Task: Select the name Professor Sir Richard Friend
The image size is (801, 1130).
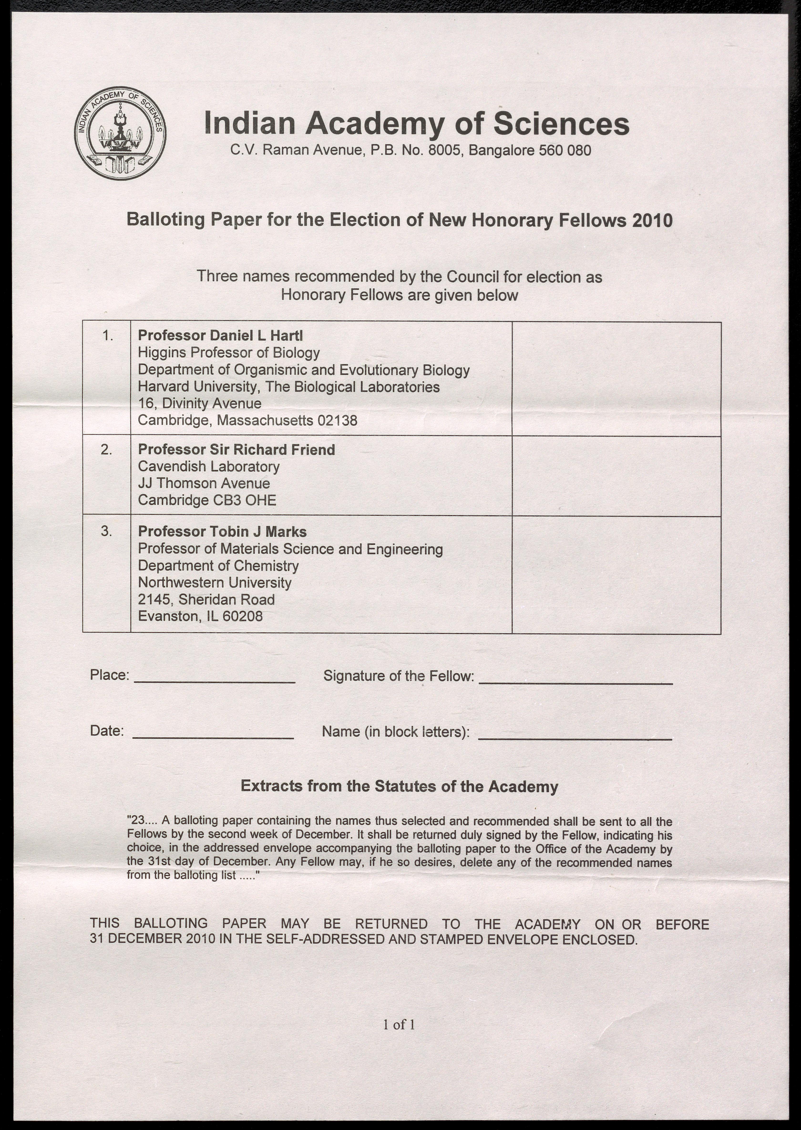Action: (x=236, y=449)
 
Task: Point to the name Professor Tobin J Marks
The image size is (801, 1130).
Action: (x=222, y=532)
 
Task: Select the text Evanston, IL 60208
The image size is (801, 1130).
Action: (x=200, y=616)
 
